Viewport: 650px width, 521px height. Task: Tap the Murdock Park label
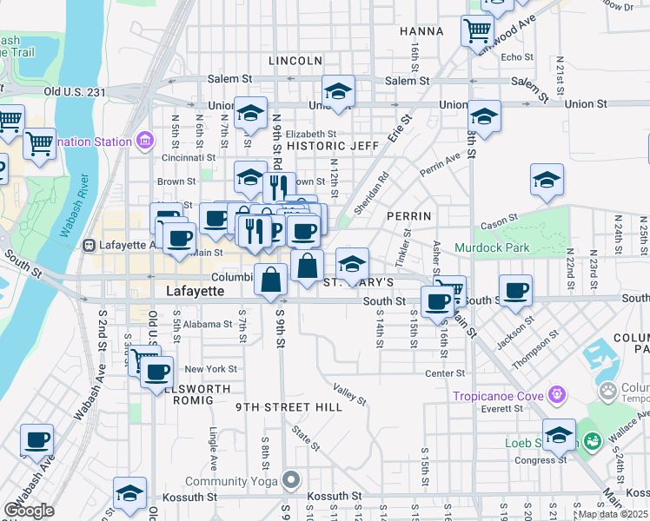pyautogui.click(x=491, y=248)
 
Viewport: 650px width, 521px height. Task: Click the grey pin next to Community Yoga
pyautogui.click(x=292, y=479)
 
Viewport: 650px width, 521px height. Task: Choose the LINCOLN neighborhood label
pyautogui.click(x=295, y=61)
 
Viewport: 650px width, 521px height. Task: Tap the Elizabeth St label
pyautogui.click(x=310, y=134)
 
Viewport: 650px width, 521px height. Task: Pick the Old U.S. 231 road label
pyautogui.click(x=75, y=91)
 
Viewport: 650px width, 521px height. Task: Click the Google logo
pyautogui.click(x=29, y=511)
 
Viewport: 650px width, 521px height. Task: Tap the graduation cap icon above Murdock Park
pyautogui.click(x=547, y=180)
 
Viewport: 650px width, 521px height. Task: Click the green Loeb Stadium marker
pyautogui.click(x=594, y=443)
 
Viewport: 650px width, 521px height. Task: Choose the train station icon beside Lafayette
pyautogui.click(x=88, y=245)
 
